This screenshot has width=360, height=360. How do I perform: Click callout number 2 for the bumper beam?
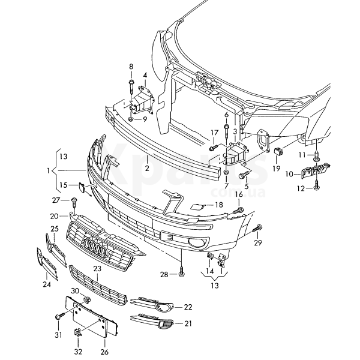146,169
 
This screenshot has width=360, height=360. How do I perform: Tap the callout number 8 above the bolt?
131,66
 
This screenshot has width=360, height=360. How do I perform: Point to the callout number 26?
105,352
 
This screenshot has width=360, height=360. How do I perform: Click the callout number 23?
96,269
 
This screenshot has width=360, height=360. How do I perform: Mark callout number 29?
258,242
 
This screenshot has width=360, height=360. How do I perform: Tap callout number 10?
289,174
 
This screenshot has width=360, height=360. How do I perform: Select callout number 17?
214,132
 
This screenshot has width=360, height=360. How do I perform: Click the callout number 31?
58,334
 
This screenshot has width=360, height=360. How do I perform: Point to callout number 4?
145,76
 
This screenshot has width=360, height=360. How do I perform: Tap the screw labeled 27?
74,202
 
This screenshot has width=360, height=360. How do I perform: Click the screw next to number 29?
259,228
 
